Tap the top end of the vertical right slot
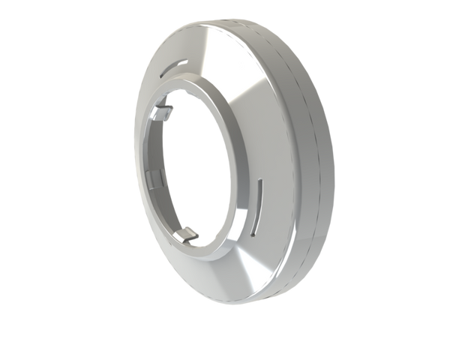pos(260,181)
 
